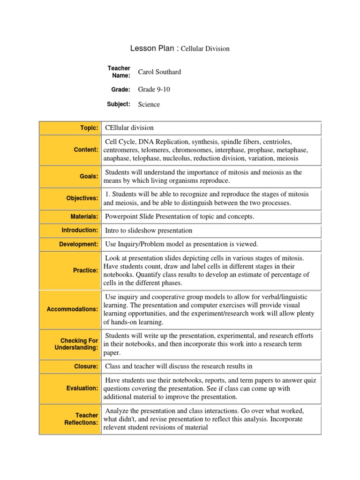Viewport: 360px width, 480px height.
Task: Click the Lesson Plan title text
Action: [x=180, y=48]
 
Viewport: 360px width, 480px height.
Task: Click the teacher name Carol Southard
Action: [x=159, y=72]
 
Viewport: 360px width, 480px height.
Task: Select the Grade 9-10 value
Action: [x=154, y=89]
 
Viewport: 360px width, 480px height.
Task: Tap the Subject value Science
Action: [x=149, y=104]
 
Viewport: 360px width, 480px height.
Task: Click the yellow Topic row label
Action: [x=89, y=128]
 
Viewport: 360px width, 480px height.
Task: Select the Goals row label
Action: [x=89, y=176]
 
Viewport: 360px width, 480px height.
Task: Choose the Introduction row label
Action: [x=80, y=230]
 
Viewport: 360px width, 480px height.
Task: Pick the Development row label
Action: [x=78, y=244]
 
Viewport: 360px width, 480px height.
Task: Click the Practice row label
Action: [x=86, y=270]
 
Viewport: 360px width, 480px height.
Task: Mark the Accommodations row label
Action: [x=72, y=309]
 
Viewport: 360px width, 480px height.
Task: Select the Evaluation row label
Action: [x=82, y=388]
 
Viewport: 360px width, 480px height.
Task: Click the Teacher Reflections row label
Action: [x=81, y=419]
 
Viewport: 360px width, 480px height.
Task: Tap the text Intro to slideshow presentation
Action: [x=149, y=231]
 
